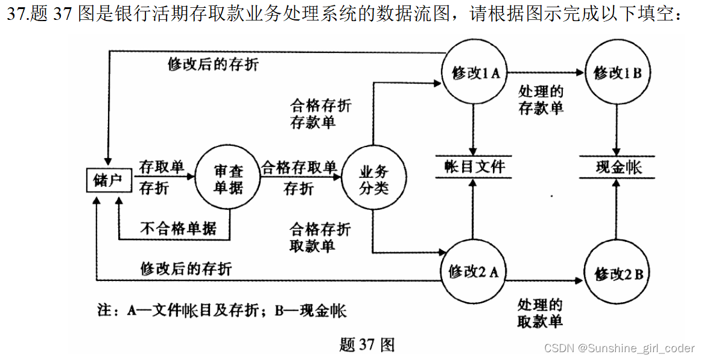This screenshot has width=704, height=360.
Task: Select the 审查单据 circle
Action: click(228, 178)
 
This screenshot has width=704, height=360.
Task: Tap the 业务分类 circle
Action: click(374, 179)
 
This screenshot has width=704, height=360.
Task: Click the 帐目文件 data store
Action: click(474, 167)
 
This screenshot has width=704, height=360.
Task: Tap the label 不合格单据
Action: click(179, 229)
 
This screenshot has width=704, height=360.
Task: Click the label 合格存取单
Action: click(299, 167)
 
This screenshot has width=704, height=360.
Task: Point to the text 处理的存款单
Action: click(541, 100)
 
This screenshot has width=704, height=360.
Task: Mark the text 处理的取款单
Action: click(540, 313)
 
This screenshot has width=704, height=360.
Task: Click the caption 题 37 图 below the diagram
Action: click(367, 345)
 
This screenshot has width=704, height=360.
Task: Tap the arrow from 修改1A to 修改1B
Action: click(546, 73)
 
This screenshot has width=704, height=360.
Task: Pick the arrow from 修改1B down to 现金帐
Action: click(617, 127)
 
